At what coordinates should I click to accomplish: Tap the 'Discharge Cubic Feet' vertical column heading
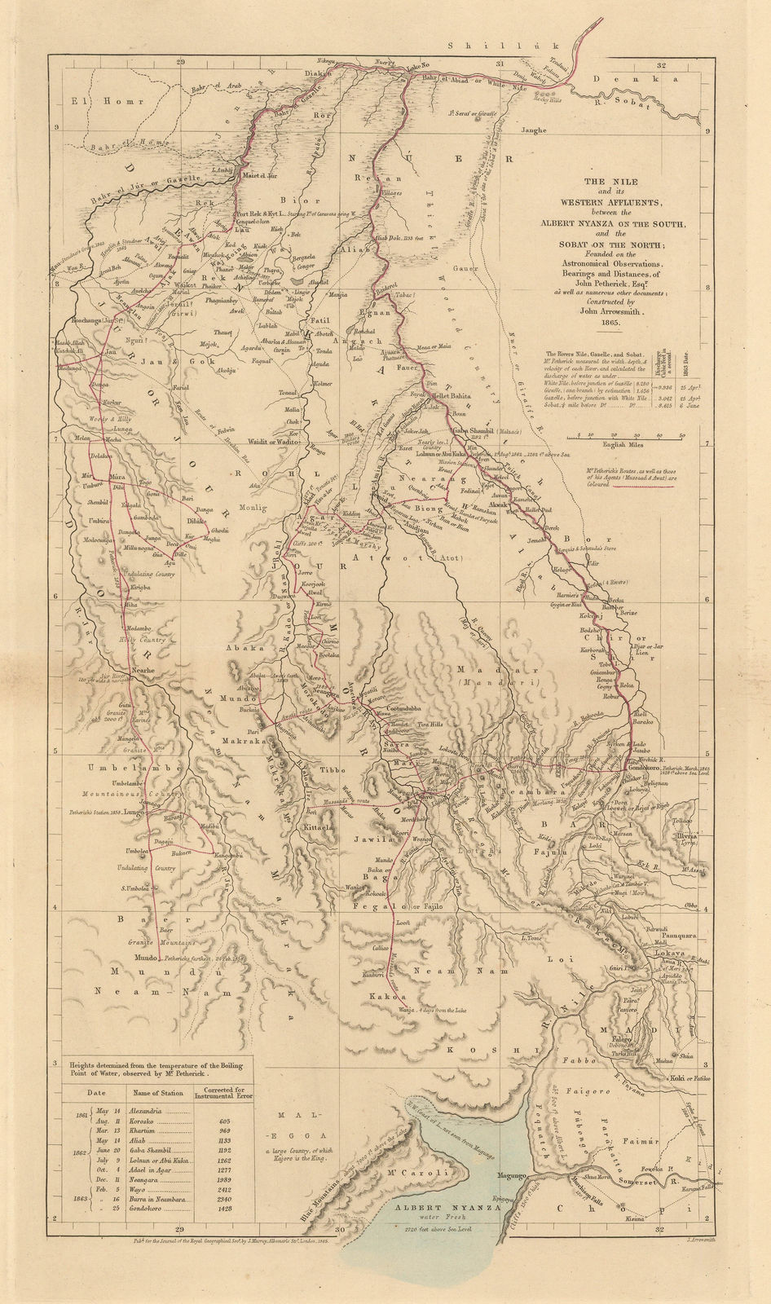pos(657,364)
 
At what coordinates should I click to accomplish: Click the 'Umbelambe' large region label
pos(121,769)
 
